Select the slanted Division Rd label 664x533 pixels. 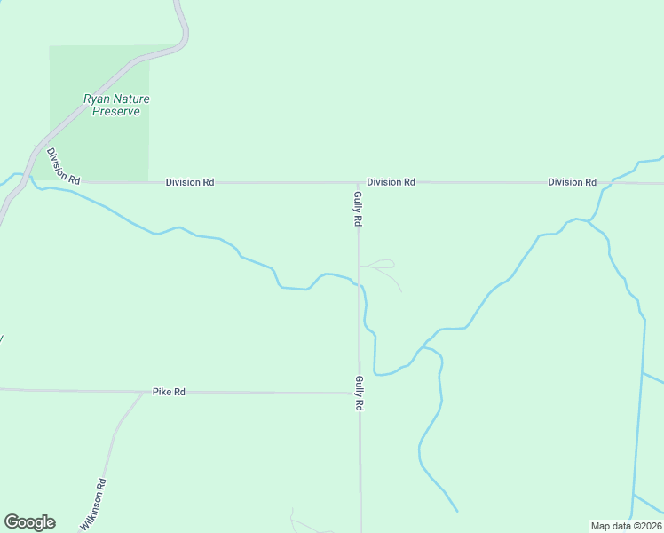tap(63, 166)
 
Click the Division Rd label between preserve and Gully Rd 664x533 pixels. tap(190, 182)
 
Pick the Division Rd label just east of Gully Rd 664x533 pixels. tap(391, 182)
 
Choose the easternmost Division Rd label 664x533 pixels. tap(572, 182)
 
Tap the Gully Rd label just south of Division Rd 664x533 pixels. tap(358, 208)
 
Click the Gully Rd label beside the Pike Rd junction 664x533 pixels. tap(360, 393)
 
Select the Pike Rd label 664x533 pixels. tap(169, 392)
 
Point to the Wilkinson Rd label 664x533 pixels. tap(93, 505)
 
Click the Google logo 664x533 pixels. tap(29, 522)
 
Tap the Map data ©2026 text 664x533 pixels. tap(626, 526)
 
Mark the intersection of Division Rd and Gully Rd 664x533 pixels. tap(358, 183)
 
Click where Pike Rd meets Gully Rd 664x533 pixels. tap(360, 393)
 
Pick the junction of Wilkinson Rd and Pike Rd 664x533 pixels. tap(143, 392)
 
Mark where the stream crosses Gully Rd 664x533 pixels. tap(360, 285)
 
